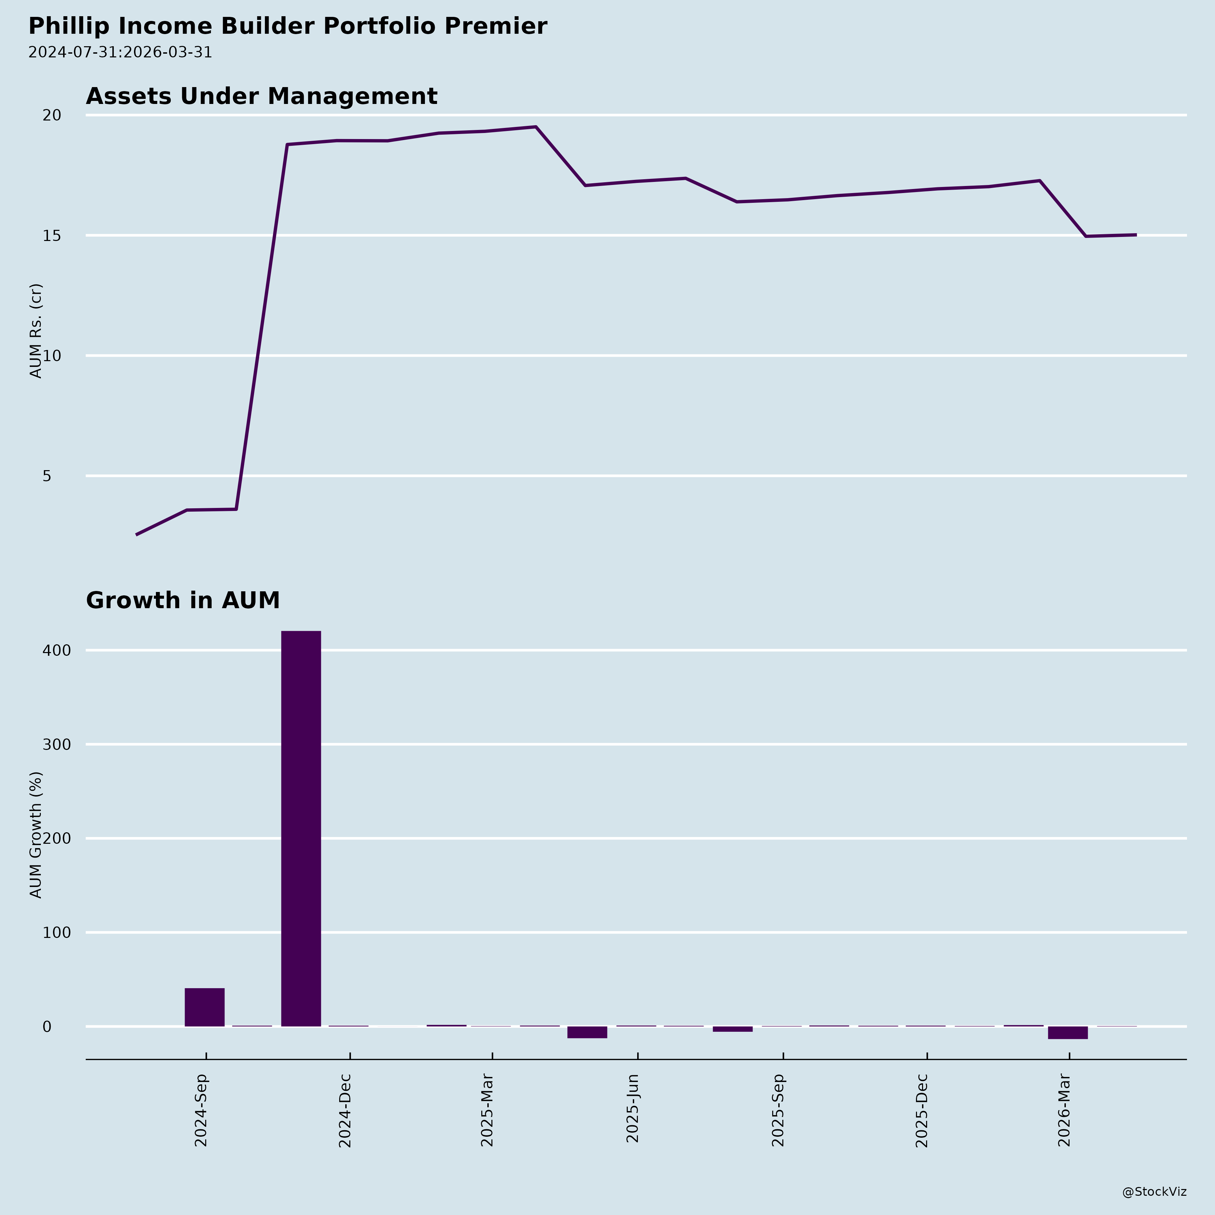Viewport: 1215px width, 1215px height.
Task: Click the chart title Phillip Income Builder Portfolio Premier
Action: [x=288, y=26]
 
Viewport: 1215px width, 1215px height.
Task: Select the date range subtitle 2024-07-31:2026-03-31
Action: [x=120, y=52]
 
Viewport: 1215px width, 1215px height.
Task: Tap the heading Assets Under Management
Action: [x=261, y=96]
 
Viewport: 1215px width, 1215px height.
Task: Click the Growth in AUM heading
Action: [x=182, y=601]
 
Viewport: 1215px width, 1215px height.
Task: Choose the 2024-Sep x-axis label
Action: [x=201, y=1110]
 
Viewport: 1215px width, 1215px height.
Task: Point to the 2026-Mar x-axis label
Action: [x=1064, y=1110]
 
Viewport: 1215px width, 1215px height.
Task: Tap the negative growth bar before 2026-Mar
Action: [x=1067, y=1033]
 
